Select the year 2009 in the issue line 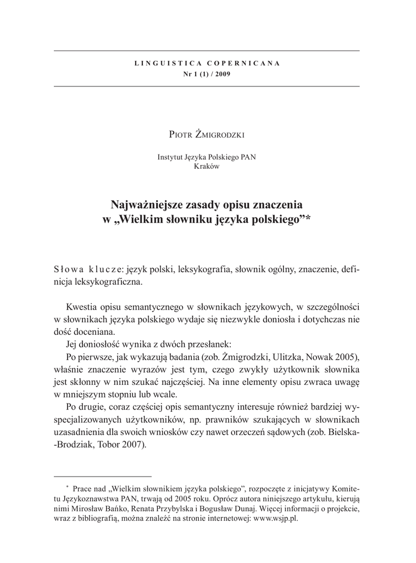[x=223, y=74]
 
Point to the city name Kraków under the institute [x=207, y=167]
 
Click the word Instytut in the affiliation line [x=171, y=157]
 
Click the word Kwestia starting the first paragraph [x=82, y=306]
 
